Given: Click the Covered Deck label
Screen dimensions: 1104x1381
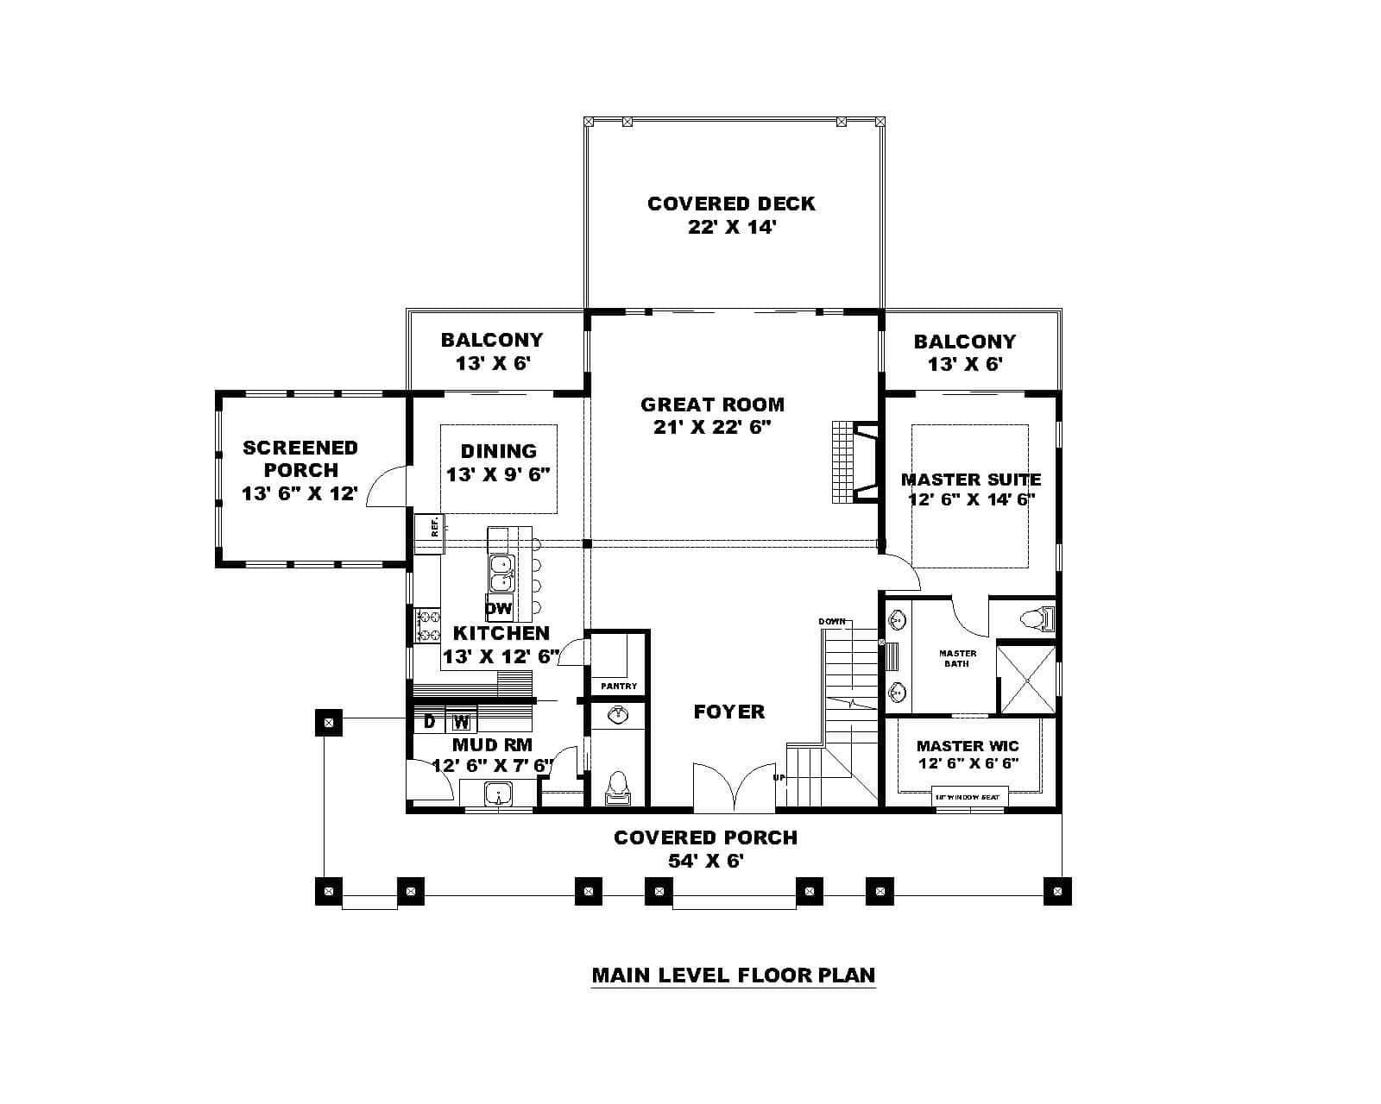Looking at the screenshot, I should [x=731, y=204].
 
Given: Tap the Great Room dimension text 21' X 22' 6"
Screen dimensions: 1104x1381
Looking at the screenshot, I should [x=712, y=427].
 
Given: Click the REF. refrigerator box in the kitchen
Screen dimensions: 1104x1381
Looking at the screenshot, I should [x=428, y=525].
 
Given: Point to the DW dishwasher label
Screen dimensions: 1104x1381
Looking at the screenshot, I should [x=499, y=608].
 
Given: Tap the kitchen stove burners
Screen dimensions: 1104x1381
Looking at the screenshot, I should [x=428, y=625].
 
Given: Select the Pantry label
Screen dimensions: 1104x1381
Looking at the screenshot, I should [x=619, y=687].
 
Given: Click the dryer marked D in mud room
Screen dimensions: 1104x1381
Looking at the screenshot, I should [x=429, y=721].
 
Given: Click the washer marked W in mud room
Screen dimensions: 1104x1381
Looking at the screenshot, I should [x=462, y=721].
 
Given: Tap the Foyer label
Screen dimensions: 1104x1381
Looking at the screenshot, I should [x=729, y=712].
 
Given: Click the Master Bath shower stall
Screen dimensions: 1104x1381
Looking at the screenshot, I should [x=1027, y=680].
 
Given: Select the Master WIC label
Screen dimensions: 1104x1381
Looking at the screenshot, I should [x=968, y=746].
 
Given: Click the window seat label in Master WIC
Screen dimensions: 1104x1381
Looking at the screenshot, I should [x=968, y=797].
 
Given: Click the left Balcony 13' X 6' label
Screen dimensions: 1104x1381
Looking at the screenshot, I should [x=492, y=351].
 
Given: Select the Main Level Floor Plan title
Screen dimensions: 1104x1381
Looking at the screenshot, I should [x=733, y=975].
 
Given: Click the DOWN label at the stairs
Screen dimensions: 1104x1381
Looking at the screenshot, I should [x=831, y=622].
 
